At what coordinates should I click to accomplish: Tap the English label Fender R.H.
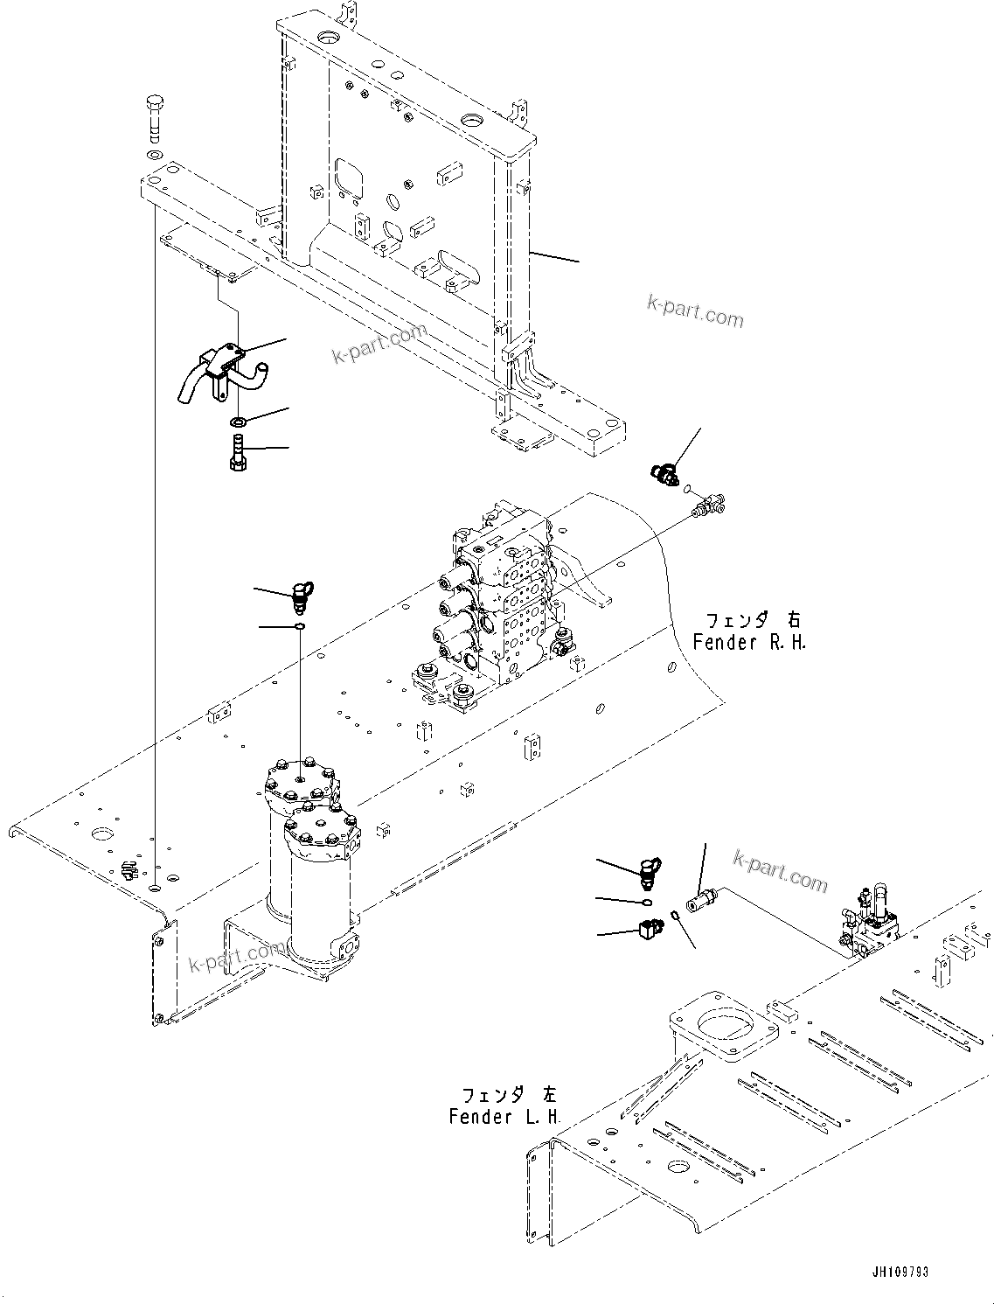749,642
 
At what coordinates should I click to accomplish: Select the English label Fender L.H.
504,1117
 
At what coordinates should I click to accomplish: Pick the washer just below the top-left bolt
155,155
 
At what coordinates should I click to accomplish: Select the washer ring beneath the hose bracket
238,423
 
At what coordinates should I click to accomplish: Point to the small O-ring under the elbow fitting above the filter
300,626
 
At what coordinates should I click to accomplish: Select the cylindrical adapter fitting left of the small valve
702,898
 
